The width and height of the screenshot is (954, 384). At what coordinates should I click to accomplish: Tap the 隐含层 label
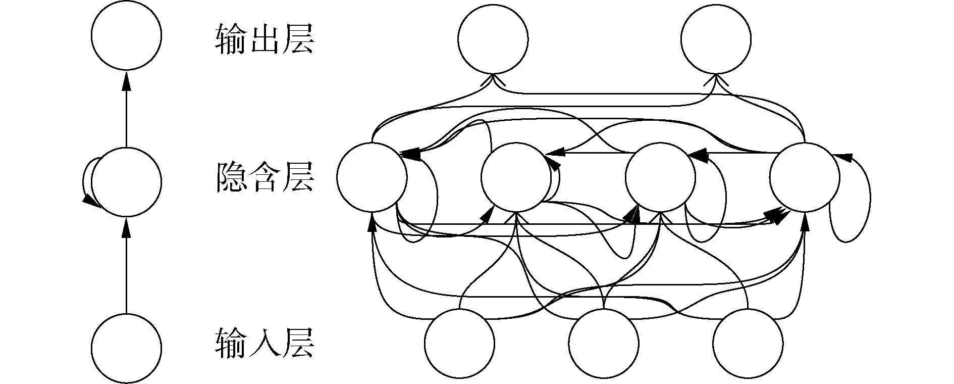264,177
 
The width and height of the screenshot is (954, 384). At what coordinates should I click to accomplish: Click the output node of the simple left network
126,35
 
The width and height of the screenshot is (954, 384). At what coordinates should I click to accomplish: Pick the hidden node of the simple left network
126,182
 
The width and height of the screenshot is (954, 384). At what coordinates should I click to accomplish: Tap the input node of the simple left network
126,348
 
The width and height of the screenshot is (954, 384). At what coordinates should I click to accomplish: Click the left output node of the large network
493,39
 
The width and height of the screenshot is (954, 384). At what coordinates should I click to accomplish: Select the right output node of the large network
715,39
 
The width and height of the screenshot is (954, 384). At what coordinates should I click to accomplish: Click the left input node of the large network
459,343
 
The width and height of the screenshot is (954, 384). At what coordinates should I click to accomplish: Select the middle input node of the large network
603,343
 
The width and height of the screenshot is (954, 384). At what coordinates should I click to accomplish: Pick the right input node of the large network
748,343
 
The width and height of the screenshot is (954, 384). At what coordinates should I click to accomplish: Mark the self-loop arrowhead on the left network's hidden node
90,201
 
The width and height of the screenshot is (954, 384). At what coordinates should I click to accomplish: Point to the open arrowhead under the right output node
715,80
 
